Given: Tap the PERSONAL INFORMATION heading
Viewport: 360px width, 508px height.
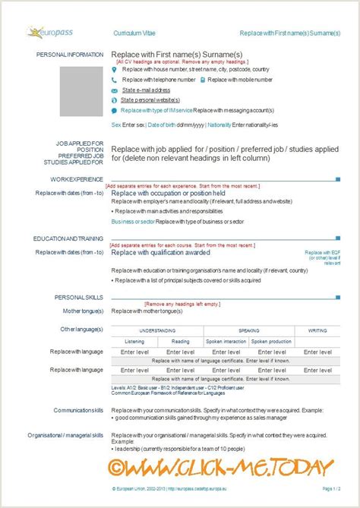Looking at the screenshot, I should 69,55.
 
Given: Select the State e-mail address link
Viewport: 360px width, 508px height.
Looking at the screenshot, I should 145,89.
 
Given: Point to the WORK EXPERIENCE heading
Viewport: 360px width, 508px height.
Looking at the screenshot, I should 77,179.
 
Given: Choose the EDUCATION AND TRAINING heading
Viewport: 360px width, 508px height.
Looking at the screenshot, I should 68,238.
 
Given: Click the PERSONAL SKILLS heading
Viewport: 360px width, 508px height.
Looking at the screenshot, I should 79,296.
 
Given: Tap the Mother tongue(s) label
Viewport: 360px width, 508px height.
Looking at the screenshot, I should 83,311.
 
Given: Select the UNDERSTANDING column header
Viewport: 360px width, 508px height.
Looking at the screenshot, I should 157,331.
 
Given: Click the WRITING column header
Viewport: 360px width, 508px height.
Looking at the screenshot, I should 317,331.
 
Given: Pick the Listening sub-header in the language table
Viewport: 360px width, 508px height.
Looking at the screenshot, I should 134,342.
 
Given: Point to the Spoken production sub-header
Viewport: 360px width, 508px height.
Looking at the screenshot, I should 271,342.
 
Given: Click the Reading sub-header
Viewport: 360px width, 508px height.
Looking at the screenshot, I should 180,342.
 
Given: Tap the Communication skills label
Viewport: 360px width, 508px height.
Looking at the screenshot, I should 78,410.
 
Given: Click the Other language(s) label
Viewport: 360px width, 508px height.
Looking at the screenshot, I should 81,329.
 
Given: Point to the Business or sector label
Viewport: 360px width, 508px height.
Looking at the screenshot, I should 132,221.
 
